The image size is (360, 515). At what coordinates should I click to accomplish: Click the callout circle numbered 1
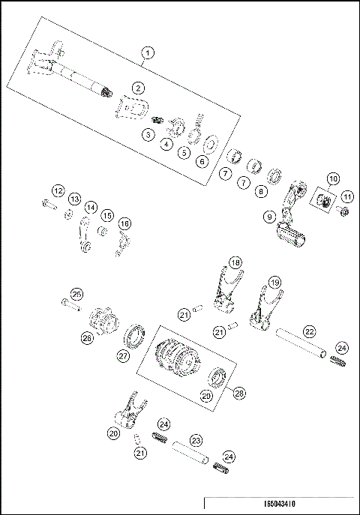click(x=148, y=52)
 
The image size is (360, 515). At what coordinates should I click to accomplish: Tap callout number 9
click(x=268, y=217)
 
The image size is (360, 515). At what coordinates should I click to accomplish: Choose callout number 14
click(x=90, y=208)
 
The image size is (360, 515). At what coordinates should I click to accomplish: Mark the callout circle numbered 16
click(x=124, y=223)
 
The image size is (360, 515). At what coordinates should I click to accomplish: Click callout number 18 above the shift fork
click(x=235, y=263)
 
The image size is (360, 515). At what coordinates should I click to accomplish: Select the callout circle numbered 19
click(x=275, y=283)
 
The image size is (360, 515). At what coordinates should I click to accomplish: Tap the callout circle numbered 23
click(x=195, y=441)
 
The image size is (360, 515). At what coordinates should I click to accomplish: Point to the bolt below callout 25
click(x=69, y=305)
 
